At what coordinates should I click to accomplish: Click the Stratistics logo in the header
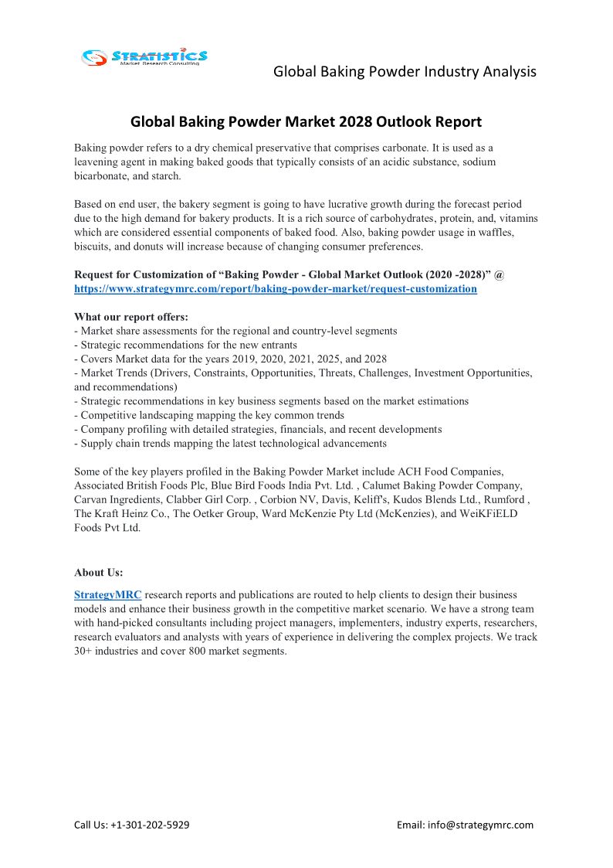coord(145,56)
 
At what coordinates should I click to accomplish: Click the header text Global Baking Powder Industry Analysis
coord(405,72)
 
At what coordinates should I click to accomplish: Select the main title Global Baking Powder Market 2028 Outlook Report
coord(306,121)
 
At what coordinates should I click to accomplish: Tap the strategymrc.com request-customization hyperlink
coord(275,288)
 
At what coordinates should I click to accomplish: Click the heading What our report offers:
coord(130,317)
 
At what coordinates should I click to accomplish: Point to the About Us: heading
coord(98,573)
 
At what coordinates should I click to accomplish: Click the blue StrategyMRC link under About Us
coord(107,595)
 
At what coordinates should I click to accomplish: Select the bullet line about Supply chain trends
coord(230,444)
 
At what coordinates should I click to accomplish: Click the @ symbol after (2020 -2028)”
coord(500,274)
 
